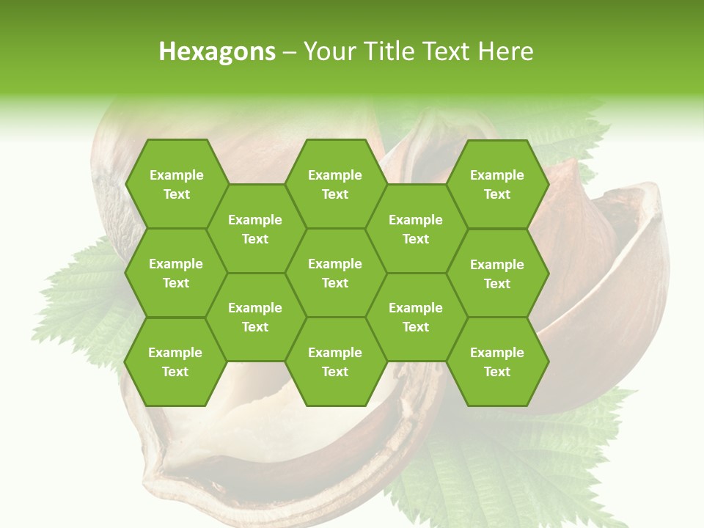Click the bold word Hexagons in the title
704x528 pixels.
[217, 51]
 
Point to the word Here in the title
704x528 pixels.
[506, 51]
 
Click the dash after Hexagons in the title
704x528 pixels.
[289, 52]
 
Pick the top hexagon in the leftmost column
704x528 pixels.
[176, 184]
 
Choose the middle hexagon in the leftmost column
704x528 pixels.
[176, 273]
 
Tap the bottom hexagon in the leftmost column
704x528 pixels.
[175, 362]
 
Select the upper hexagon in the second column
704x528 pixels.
[255, 229]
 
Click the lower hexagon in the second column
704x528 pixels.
[255, 317]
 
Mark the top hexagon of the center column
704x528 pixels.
[335, 184]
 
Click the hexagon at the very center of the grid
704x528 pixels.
[335, 273]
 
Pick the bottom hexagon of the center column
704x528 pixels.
[335, 362]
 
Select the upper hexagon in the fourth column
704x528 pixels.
[416, 229]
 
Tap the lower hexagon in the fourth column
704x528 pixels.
[416, 317]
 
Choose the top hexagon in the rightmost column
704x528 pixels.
[497, 184]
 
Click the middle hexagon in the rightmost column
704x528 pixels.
[497, 274]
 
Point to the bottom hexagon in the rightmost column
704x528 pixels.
[497, 362]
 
